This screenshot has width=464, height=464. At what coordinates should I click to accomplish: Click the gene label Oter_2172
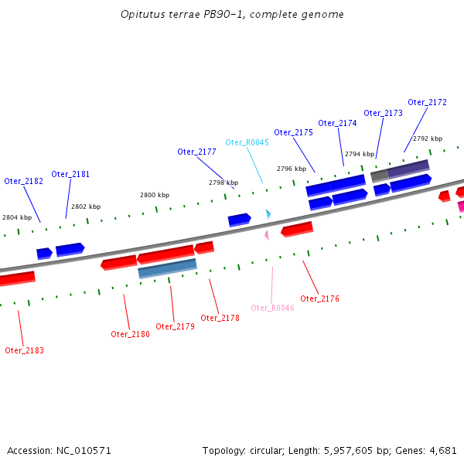pos(427,102)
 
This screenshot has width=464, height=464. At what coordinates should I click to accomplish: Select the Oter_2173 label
pos(383,113)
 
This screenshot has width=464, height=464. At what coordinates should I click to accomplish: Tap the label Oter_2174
pos(337,123)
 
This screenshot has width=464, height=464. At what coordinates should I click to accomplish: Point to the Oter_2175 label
pos(293,132)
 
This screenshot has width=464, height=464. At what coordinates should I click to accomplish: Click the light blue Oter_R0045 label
pos(247,142)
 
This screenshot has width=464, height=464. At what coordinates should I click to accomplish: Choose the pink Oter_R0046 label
pos(272,308)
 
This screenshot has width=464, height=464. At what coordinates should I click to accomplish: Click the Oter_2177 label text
pos(196,152)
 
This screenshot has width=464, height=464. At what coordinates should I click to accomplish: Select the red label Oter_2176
pos(319,299)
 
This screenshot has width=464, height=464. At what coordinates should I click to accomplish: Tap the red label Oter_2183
pos(24,350)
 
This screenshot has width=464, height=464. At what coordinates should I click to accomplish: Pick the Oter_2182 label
pos(23,181)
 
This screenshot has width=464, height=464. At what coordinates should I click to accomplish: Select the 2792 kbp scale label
pos(428,138)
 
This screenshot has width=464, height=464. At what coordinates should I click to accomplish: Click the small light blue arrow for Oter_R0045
pos(268,213)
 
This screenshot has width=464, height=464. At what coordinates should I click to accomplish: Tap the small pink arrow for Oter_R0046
pos(267,234)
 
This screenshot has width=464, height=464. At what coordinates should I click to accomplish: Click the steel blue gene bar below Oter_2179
pos(167,268)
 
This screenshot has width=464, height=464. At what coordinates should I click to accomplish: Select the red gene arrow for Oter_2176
pos(297,229)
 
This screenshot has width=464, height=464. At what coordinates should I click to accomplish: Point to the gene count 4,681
pos(442,450)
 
